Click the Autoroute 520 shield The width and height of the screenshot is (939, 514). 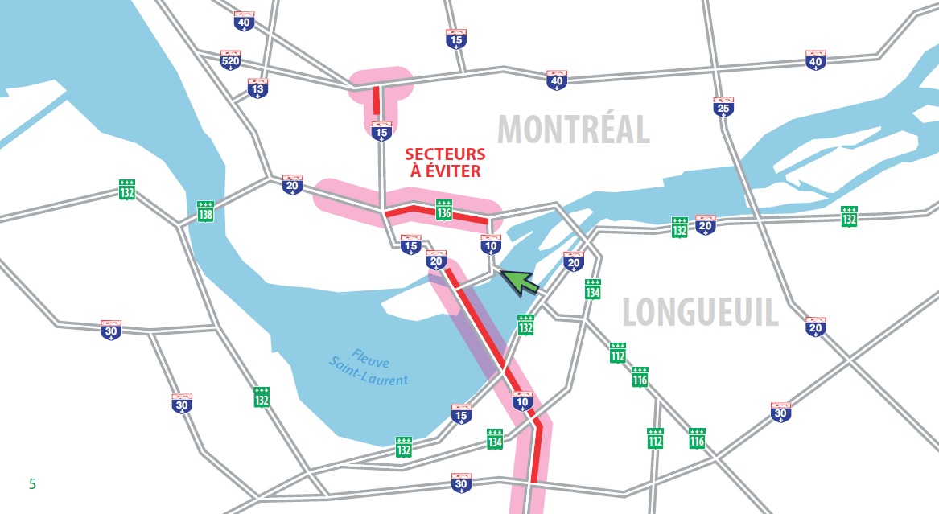230,60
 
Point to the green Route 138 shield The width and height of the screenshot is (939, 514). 206,212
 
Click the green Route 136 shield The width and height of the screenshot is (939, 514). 443,208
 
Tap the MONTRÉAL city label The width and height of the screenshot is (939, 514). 573,129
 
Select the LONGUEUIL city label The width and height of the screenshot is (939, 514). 700,312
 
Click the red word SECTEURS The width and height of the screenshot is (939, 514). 444,154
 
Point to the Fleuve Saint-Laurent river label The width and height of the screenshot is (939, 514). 369,366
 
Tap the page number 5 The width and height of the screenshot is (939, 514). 32,483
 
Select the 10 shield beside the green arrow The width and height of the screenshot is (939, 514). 491,245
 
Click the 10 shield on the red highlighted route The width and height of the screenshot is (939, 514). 522,400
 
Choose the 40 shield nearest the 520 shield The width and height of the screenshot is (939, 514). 244,22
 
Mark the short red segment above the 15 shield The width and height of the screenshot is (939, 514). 377,102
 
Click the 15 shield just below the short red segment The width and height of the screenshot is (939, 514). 381,130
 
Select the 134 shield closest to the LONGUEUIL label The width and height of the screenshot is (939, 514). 593,289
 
